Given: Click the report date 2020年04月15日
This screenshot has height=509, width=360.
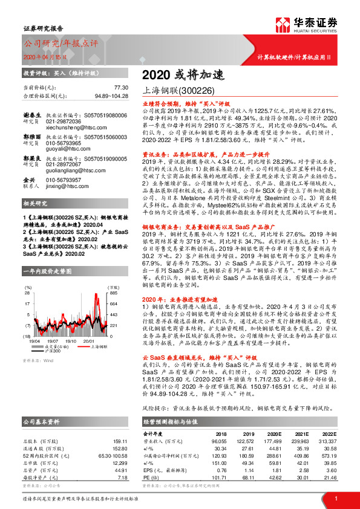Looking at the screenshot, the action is (41, 57).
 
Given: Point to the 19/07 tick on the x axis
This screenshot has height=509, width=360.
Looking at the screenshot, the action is (54, 340).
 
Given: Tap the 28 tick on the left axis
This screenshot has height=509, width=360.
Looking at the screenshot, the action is (27, 293).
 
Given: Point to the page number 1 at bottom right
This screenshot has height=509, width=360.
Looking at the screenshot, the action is (336, 498).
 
